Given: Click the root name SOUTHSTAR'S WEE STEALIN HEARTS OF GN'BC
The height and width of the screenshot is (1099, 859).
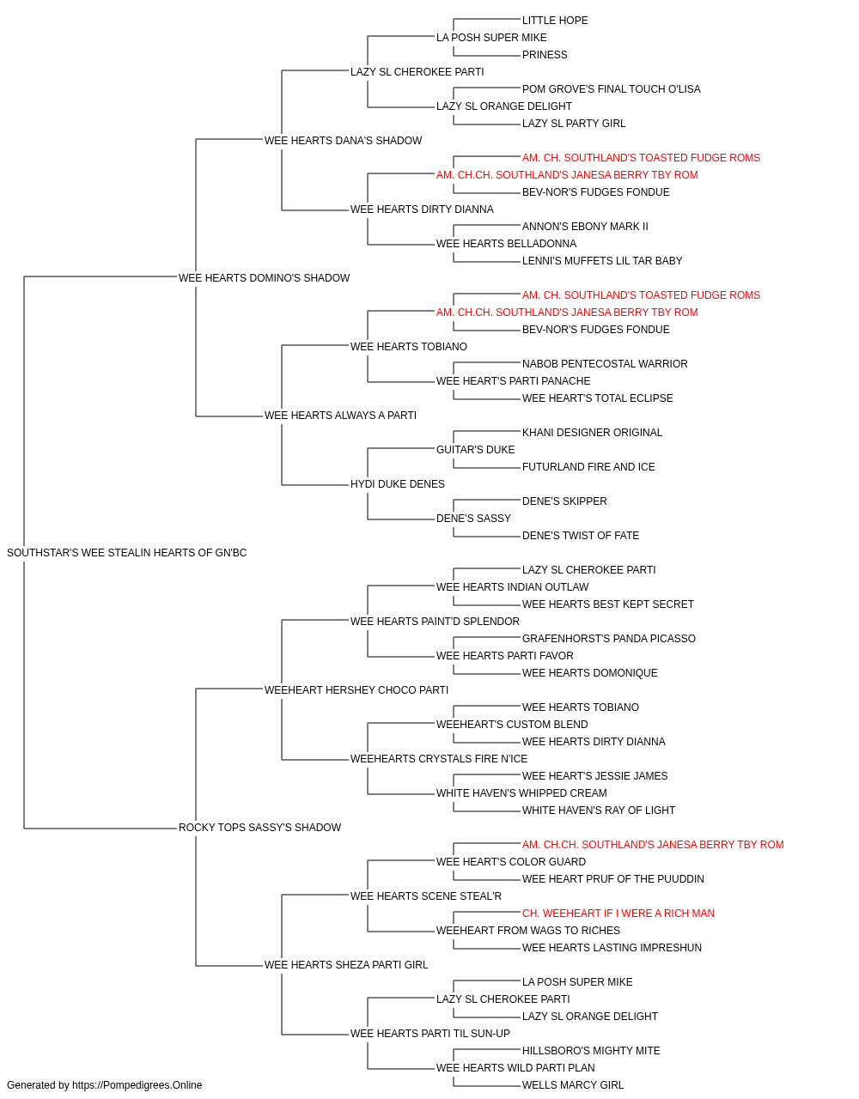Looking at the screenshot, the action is click(126, 553).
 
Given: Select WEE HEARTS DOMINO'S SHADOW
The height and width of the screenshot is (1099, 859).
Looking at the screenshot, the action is click(264, 278).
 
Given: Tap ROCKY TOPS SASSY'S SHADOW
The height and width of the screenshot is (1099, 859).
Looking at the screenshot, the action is click(259, 828).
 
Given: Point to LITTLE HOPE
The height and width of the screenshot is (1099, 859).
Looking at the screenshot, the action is click(555, 21).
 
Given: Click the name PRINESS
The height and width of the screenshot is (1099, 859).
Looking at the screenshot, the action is click(545, 55).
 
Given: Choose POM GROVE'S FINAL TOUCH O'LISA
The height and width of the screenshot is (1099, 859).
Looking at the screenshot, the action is click(611, 89).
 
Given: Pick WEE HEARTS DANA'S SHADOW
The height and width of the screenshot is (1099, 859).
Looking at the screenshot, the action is click(343, 141).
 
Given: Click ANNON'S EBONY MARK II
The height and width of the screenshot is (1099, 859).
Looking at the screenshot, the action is click(585, 227).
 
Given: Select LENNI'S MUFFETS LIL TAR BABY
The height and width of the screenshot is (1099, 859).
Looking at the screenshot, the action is click(602, 261).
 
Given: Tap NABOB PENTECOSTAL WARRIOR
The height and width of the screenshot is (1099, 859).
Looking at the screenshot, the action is click(605, 364).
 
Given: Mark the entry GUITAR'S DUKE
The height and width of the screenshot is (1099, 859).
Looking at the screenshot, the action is click(476, 450).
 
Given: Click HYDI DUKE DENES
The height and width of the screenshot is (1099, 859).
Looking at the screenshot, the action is click(398, 484).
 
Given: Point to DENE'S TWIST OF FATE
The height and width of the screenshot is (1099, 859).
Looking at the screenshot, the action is click(581, 536).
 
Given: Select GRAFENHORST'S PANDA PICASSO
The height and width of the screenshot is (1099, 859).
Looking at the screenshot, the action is click(608, 639).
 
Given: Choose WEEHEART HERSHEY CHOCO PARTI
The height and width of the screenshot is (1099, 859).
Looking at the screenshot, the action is click(356, 690).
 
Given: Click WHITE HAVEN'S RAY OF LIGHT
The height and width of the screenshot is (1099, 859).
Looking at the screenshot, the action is click(599, 811).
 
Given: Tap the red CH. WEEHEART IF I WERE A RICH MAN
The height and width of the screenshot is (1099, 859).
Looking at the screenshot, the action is click(618, 914).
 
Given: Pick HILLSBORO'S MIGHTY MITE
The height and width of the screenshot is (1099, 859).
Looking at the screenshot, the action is click(591, 1051).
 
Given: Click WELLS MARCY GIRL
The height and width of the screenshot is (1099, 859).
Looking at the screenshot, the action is click(573, 1085).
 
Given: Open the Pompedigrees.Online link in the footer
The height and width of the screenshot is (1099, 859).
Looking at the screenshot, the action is click(137, 1085).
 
